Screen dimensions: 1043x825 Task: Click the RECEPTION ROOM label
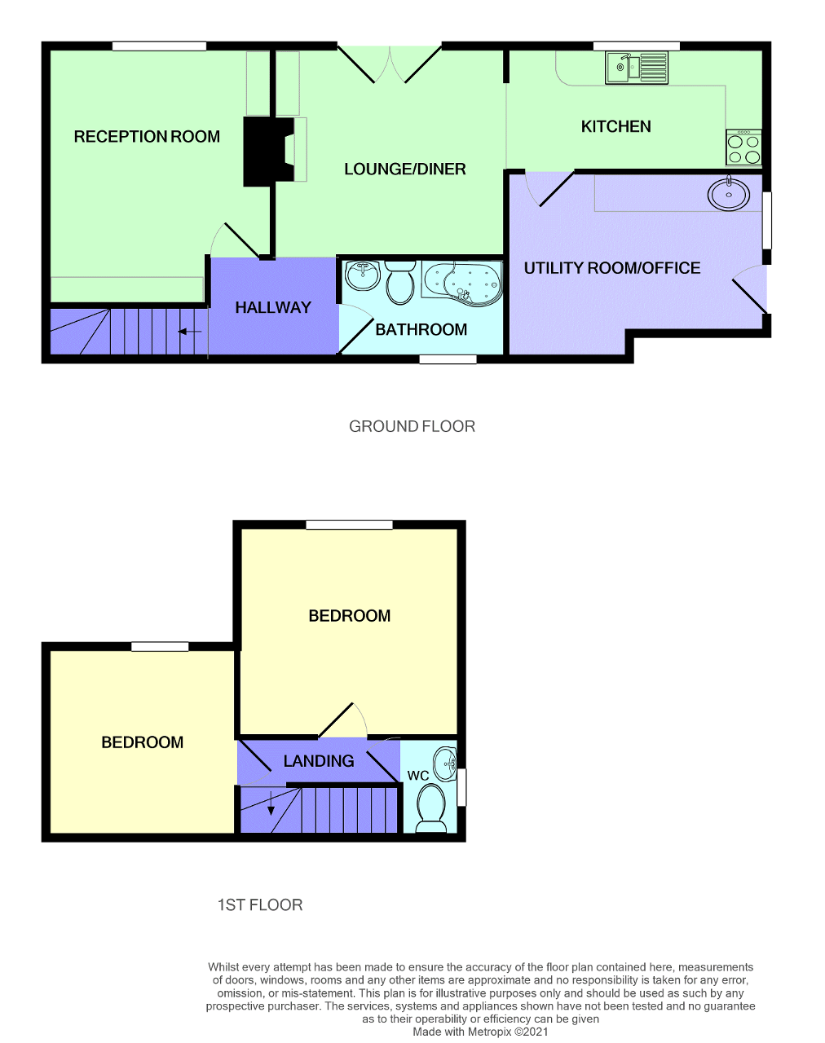(147, 137)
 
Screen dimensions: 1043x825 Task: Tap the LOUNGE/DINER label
(404, 169)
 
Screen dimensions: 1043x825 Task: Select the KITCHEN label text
(615, 126)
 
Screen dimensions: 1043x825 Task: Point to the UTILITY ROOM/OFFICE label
(611, 268)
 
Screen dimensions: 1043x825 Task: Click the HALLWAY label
(273, 307)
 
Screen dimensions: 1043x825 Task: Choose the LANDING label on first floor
(319, 761)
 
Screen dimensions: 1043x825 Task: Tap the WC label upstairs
(418, 775)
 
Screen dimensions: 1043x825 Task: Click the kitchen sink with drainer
(637, 68)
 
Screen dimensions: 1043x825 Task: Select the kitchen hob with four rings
(743, 147)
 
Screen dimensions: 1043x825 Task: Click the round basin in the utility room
(729, 194)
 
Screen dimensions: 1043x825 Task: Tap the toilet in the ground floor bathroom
(400, 282)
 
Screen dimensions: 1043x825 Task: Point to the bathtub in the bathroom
(462, 283)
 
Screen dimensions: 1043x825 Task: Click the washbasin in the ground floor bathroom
(362, 275)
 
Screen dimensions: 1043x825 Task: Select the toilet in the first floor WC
(430, 808)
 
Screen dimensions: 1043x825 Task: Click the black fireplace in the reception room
(266, 151)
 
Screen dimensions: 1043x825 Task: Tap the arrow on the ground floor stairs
(190, 332)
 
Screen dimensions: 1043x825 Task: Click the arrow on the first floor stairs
(271, 804)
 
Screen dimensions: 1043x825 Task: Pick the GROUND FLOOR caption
(412, 426)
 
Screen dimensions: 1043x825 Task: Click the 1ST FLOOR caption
(259, 905)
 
